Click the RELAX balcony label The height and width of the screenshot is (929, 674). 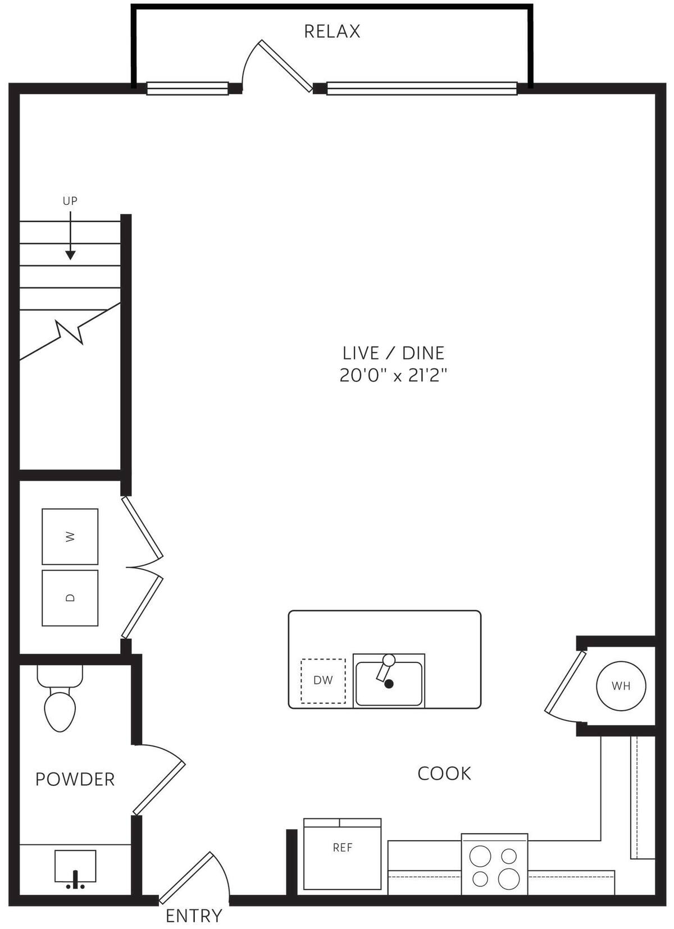332,31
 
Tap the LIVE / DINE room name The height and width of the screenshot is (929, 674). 393,353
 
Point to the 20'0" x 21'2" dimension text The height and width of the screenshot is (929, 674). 393,375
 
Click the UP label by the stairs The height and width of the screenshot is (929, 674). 70,201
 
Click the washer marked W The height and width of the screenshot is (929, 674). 70,537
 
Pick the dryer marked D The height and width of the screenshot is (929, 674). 70,598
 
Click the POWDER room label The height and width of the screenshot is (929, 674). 75,779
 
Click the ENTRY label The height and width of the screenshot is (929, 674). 194,916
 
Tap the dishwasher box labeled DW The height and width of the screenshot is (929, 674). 323,680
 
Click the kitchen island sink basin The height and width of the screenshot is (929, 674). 389,683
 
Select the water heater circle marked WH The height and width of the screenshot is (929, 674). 621,685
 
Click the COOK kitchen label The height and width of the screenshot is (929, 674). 444,774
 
